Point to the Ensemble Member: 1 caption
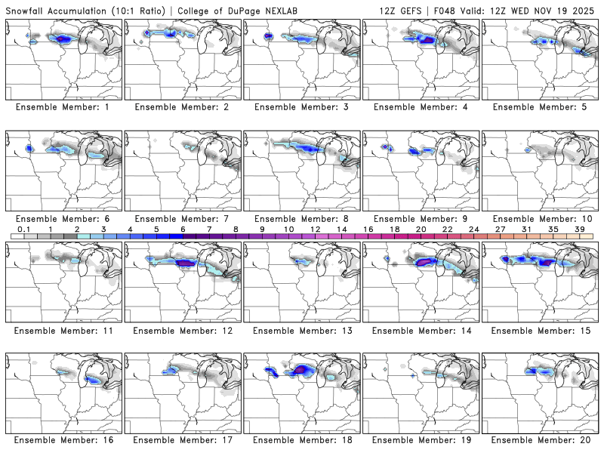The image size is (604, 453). pos(63,107)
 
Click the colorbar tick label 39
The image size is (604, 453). pos(580,229)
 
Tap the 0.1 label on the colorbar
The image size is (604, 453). pos(23,229)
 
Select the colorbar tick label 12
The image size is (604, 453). pos(315,229)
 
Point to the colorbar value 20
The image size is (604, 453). pos(421,229)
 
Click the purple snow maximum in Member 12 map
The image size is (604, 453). pos(184,263)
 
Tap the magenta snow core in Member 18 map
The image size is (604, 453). pos(303,369)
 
